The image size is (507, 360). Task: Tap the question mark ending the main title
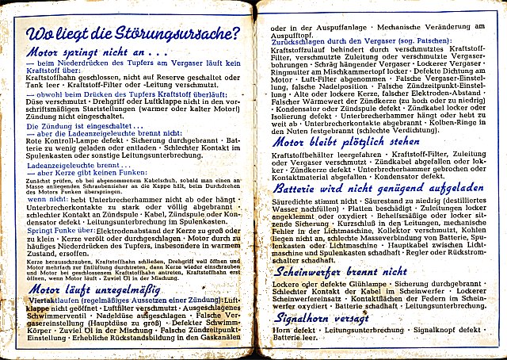tap(234, 34)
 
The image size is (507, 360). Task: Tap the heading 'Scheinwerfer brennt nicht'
tap(340, 271)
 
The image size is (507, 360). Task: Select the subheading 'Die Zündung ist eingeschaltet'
tap(78, 126)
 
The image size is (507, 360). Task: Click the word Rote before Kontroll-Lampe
tap(35, 142)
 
